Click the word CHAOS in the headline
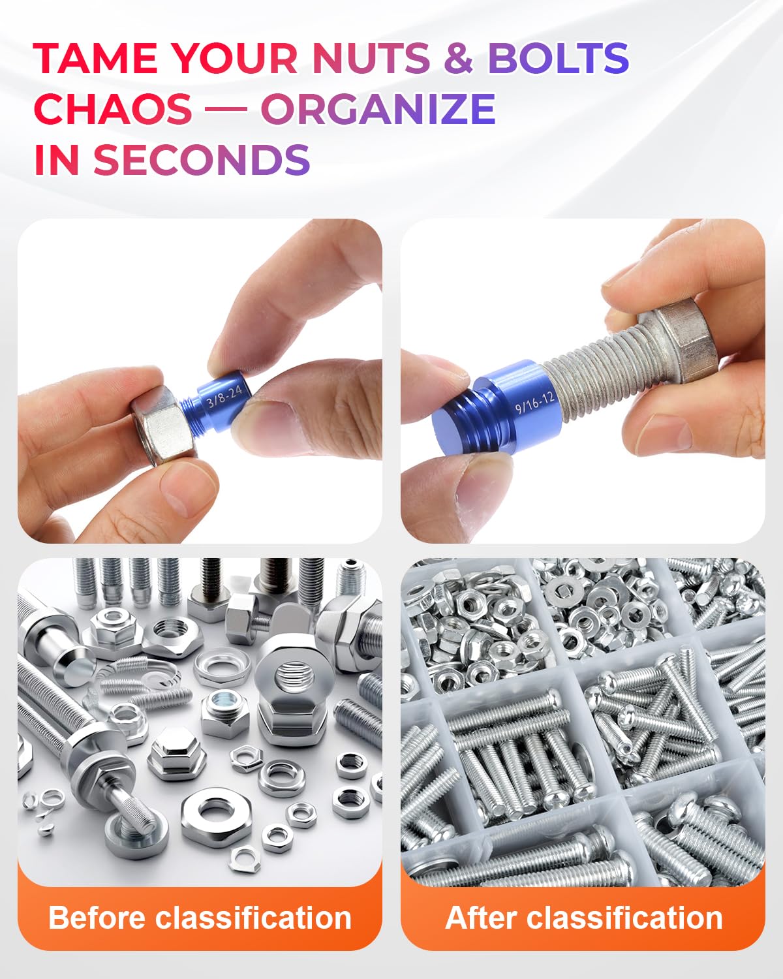113,108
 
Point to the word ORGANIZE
378,108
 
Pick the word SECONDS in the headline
202,159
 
